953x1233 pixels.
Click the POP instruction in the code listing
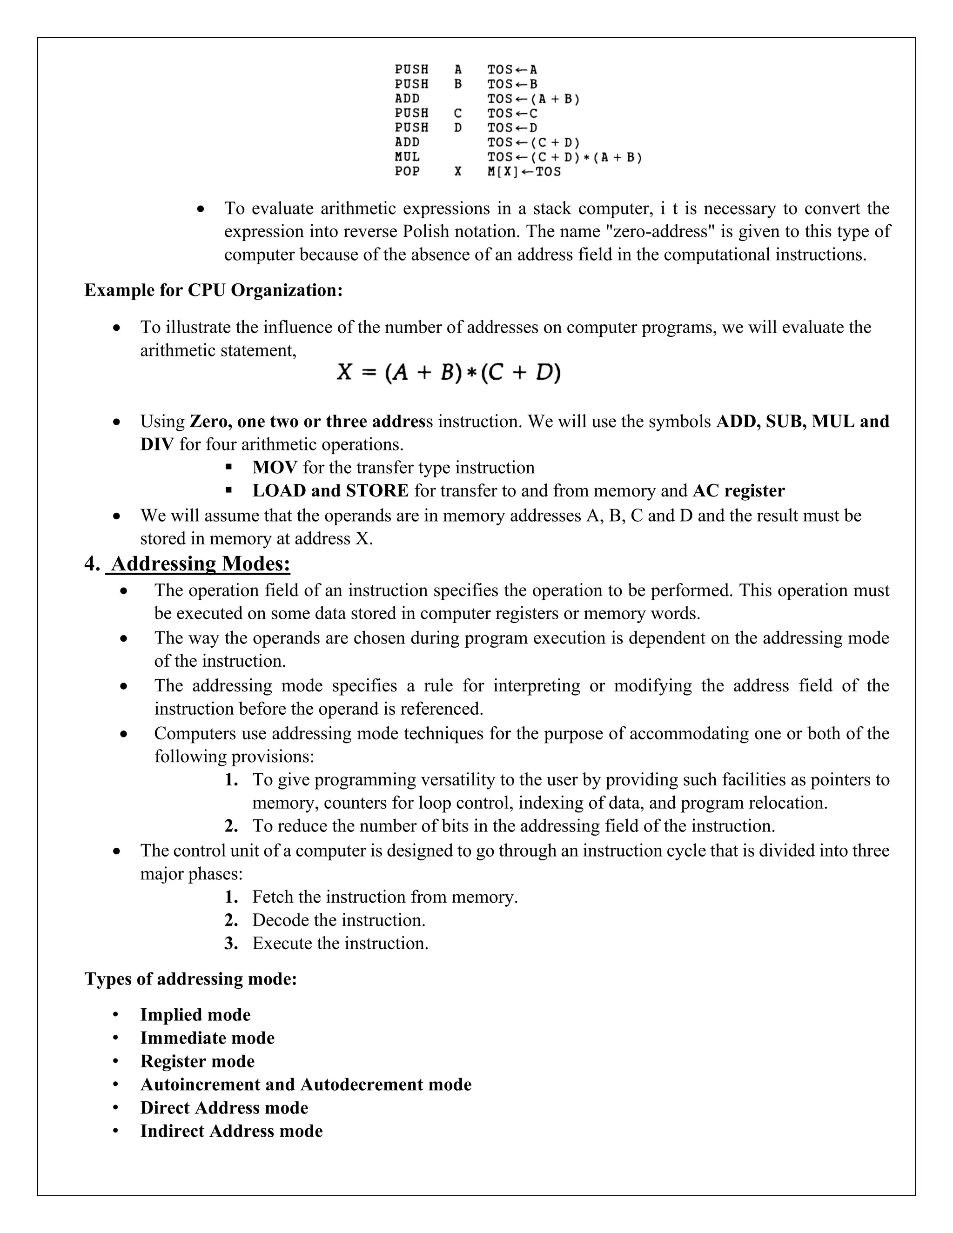click(x=407, y=172)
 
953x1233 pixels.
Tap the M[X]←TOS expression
click(x=524, y=172)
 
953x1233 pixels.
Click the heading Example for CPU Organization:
click(x=214, y=290)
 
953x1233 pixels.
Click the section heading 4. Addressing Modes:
click(x=188, y=563)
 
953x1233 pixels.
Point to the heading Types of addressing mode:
click(x=191, y=978)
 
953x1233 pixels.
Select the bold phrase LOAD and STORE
click(x=330, y=490)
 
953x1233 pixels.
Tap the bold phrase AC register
click(x=738, y=490)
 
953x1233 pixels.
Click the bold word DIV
click(x=157, y=444)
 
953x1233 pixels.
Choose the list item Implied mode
click(x=195, y=1014)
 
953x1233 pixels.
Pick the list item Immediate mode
click(x=207, y=1038)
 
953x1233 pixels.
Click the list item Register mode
click(x=197, y=1061)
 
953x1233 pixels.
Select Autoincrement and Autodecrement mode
click(x=305, y=1085)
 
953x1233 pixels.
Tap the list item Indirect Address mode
click(x=231, y=1131)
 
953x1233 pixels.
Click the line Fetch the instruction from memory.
click(x=384, y=897)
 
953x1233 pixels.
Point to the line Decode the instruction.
click(x=339, y=920)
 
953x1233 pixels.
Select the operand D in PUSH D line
click(x=458, y=128)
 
